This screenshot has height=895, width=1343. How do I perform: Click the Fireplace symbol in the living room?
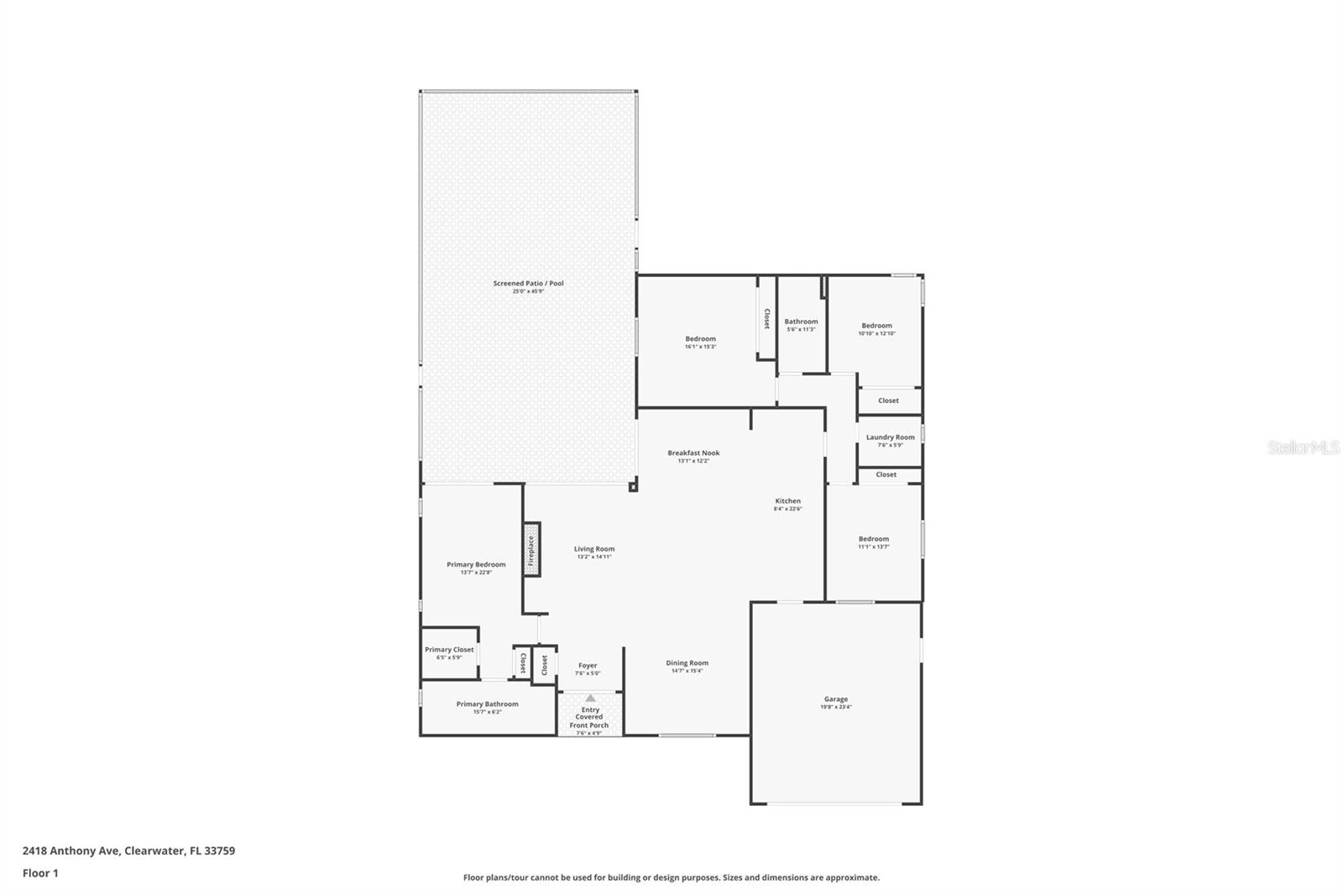[x=530, y=549]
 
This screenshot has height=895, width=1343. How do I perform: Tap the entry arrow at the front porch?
[x=590, y=698]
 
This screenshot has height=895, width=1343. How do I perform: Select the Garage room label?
[x=835, y=699]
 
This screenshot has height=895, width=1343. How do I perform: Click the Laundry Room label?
[x=890, y=437]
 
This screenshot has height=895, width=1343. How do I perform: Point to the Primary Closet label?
[x=449, y=650]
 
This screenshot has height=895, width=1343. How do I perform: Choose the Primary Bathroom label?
[x=487, y=704]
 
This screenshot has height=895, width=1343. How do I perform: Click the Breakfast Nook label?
[x=693, y=453]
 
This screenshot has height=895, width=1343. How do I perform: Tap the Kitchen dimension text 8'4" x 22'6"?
[x=787, y=509]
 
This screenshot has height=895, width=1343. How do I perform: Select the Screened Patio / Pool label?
[x=528, y=283]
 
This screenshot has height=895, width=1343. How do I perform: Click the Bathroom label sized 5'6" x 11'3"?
[x=801, y=322]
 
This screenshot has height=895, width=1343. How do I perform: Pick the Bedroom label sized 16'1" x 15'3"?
[x=700, y=339]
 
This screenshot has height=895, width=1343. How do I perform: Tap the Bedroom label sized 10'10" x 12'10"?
[x=876, y=326]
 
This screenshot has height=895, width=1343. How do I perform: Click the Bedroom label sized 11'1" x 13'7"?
[x=873, y=539]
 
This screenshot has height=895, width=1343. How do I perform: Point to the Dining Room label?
[x=687, y=663]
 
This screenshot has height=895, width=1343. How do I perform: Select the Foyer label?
[x=588, y=666]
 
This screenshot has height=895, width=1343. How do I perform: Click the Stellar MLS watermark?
[x=1303, y=448]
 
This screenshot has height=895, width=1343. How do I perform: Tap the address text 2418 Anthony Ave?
[x=71, y=851]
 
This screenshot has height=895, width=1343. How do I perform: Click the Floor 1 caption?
[x=40, y=873]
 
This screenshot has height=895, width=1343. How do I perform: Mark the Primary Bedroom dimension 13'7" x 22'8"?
[x=476, y=573]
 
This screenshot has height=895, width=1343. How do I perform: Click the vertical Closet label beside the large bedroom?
[x=766, y=318]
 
